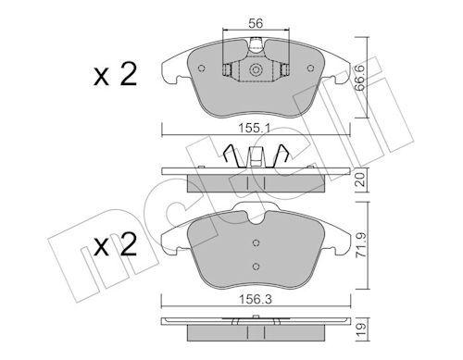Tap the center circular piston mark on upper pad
point(255,72)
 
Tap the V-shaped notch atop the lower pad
point(256,220)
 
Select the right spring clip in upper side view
point(288,158)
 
